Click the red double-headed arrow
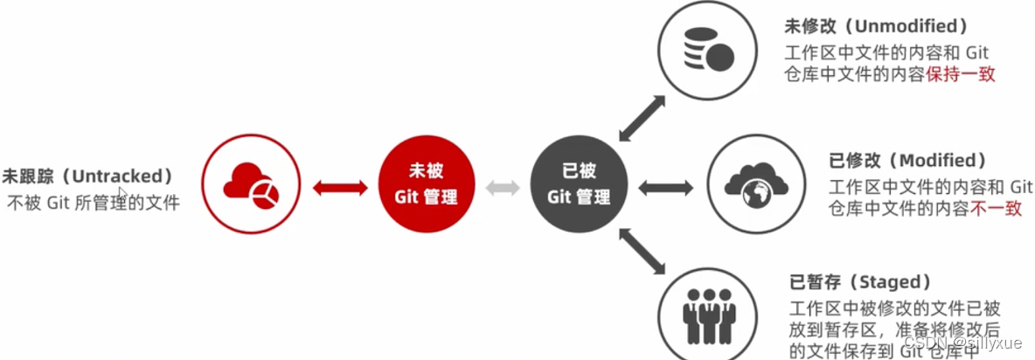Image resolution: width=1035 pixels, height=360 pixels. (340, 186)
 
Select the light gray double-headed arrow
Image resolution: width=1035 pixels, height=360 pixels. (503, 186)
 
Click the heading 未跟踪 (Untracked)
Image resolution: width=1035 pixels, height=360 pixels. (87, 176)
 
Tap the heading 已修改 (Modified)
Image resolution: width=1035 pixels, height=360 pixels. (907, 161)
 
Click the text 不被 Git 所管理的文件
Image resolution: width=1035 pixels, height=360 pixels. (94, 204)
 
